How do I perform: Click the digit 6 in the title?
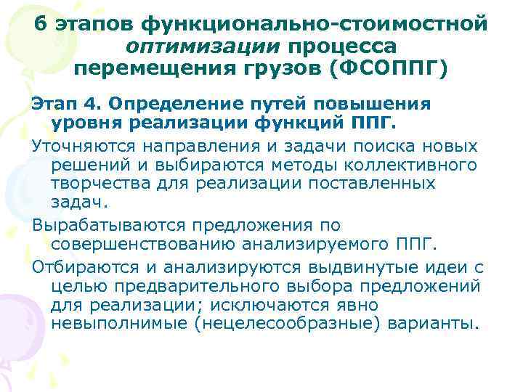point(41,25)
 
